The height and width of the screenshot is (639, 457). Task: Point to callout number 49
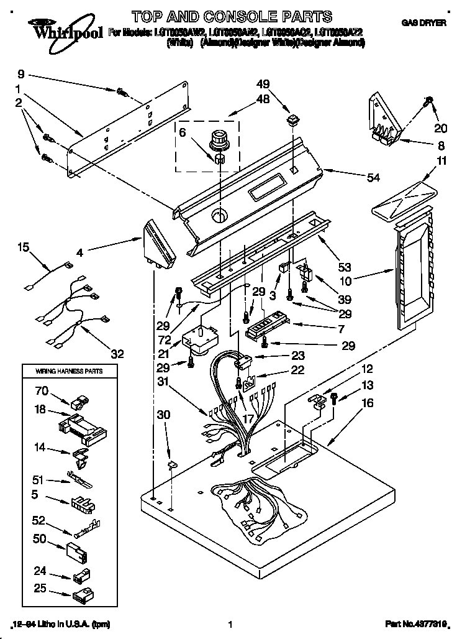coord(263,84)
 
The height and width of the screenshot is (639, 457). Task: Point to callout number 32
coord(117,354)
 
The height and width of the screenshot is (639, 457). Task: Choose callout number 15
coord(23,247)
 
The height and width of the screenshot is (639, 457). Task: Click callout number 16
coord(368,403)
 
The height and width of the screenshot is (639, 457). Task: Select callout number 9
coord(20,71)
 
